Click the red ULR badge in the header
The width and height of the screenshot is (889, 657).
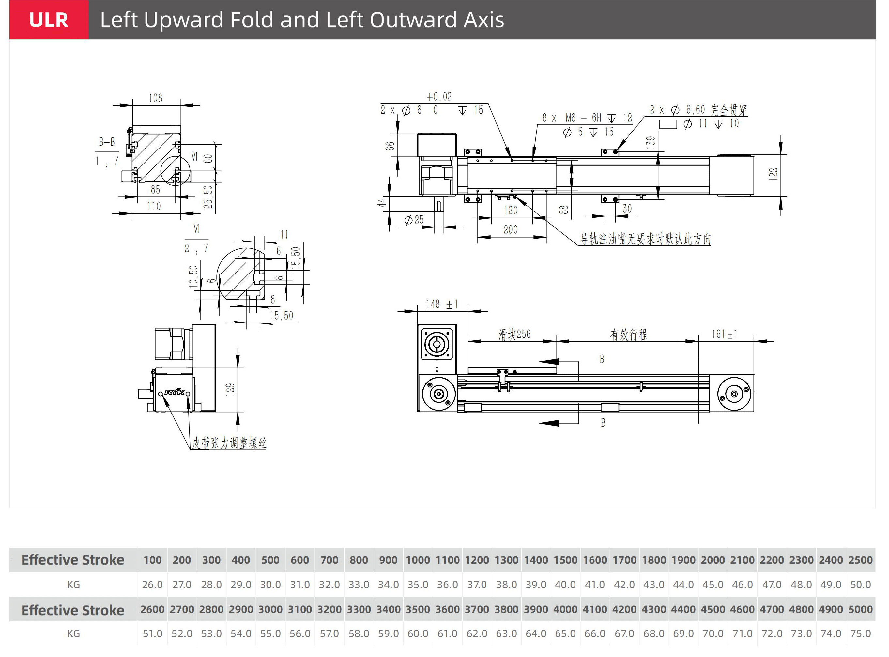pos(49,20)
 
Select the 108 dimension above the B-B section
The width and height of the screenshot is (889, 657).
pos(156,98)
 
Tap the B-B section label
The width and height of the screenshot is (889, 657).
pos(107,142)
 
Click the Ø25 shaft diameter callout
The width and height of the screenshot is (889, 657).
pos(414,220)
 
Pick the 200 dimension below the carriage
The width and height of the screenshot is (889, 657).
pos(511,230)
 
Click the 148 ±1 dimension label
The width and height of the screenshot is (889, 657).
pos(442,304)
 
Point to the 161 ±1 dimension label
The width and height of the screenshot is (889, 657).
pos(724,334)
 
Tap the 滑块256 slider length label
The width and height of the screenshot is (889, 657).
pos(514,335)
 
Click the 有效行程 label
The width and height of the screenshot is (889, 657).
pos(628,335)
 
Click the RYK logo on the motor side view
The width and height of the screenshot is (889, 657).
pos(175,392)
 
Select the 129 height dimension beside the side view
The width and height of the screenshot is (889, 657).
pos(230,390)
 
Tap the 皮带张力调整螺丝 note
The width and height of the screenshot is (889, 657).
pos(229,443)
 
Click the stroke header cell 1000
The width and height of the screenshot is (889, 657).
pos(418,560)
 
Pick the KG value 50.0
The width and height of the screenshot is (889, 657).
pos(860,585)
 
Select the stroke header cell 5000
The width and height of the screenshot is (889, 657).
pos(860,609)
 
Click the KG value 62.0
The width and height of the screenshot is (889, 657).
pos(477,634)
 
